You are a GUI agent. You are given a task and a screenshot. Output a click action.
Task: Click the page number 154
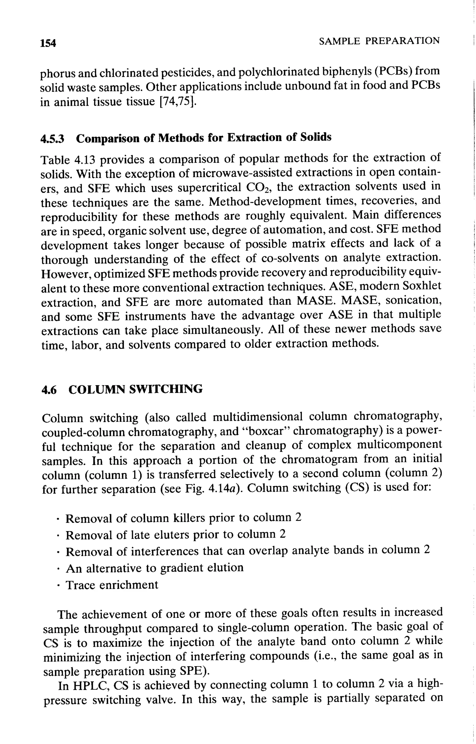48,43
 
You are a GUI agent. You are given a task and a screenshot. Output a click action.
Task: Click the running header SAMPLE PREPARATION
379,41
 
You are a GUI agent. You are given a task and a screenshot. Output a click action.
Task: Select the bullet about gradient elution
155,568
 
